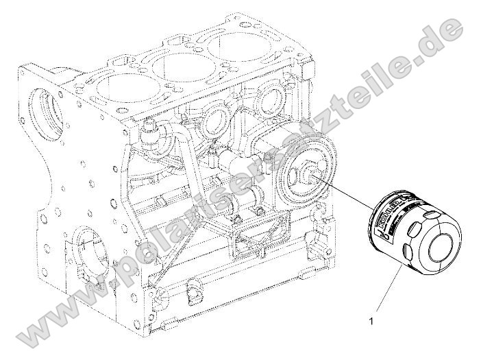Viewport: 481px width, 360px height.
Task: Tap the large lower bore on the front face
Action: [86, 248]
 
